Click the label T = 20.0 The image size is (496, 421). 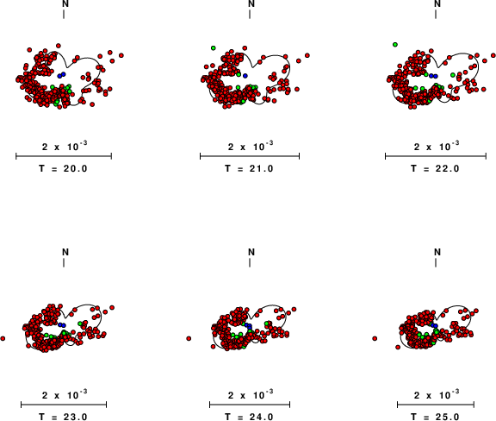pyautogui.click(x=63, y=168)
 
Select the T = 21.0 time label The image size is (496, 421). pyautogui.click(x=249, y=168)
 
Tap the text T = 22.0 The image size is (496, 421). pyautogui.click(x=435, y=168)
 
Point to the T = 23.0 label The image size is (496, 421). pyautogui.click(x=63, y=417)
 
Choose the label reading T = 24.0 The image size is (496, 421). pyautogui.click(x=249, y=417)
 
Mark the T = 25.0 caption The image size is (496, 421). pyautogui.click(x=435, y=417)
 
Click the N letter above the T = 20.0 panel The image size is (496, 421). pyautogui.click(x=65, y=3)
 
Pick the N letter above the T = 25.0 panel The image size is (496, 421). pyautogui.click(x=437, y=252)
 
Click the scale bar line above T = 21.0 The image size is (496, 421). pyautogui.click(x=250, y=156)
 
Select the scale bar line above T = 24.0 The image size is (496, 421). pyautogui.click(x=250, y=405)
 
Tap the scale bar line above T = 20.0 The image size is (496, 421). pyautogui.click(x=64, y=156)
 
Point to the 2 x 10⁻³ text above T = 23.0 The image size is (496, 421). pyautogui.click(x=65, y=395)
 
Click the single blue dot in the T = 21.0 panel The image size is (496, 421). pyautogui.click(x=245, y=76)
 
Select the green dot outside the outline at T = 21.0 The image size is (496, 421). pyautogui.click(x=214, y=47)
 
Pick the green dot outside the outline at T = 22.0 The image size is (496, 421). pyautogui.click(x=395, y=45)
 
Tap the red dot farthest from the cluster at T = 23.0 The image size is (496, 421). pyautogui.click(x=3, y=338)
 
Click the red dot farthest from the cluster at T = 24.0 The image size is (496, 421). pyautogui.click(x=189, y=338)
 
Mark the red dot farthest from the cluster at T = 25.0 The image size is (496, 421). pyautogui.click(x=375, y=338)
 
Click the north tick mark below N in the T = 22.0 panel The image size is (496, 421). pyautogui.click(x=436, y=15)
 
